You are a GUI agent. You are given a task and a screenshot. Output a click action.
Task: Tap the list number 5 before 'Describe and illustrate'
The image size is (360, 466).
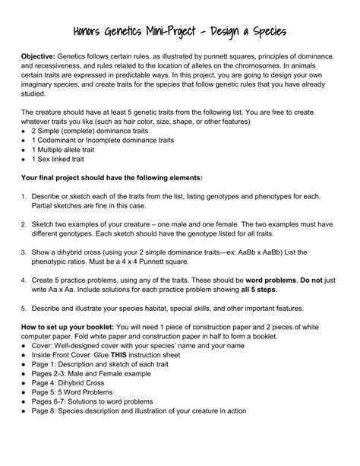tap(24, 309)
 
